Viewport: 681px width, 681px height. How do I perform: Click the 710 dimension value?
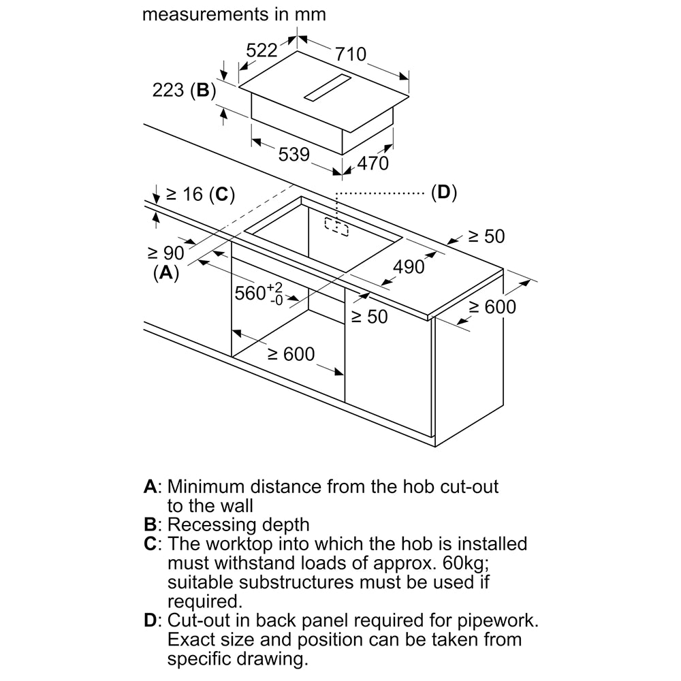[x=350, y=54]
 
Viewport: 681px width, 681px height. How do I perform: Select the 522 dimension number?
[x=262, y=50]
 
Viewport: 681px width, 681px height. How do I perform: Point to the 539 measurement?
[x=294, y=155]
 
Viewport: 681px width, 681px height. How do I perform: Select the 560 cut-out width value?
[x=249, y=293]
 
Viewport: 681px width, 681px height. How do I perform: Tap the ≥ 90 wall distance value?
[x=166, y=253]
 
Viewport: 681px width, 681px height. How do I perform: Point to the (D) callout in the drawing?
[x=443, y=193]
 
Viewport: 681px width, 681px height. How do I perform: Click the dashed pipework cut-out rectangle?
[x=336, y=226]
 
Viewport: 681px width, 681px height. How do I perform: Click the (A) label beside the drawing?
[x=165, y=273]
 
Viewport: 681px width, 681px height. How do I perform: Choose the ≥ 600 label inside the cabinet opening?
[x=291, y=354]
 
